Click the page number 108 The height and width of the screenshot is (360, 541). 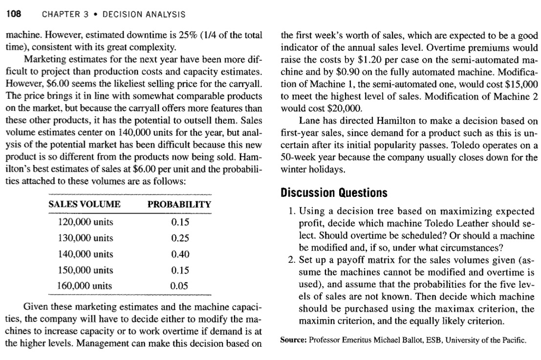point(13,14)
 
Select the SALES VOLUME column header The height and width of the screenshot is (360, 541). point(85,204)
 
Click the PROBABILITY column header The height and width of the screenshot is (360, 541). point(179,204)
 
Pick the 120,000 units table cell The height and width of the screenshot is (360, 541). point(85,222)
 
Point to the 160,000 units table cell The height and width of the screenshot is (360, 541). point(85,286)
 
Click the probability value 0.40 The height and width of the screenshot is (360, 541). point(180,254)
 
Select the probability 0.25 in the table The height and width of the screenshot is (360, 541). point(180,238)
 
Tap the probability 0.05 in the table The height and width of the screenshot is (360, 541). point(180,286)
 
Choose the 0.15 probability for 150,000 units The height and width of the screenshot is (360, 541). point(180,270)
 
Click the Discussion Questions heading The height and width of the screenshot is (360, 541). point(334,192)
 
